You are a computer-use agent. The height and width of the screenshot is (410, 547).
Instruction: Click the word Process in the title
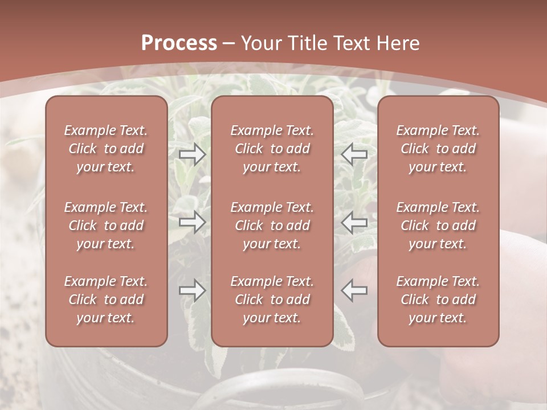click(x=179, y=43)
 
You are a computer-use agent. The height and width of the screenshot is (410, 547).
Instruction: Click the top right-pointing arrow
click(x=193, y=154)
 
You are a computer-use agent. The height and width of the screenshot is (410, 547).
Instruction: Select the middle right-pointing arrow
click(x=193, y=222)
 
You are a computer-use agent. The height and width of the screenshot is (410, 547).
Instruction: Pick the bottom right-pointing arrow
click(x=193, y=290)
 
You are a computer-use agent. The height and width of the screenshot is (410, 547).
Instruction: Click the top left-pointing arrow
click(x=354, y=154)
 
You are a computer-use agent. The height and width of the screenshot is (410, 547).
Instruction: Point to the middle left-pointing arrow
click(x=354, y=222)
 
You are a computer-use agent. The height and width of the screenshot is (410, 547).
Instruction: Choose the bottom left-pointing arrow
click(x=354, y=290)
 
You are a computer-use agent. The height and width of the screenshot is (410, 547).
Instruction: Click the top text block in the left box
click(x=106, y=149)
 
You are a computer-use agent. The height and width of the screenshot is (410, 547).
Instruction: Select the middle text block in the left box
click(x=106, y=225)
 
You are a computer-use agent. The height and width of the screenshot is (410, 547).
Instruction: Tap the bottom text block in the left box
click(x=106, y=300)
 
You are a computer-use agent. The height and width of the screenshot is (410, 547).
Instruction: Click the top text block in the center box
click(x=272, y=149)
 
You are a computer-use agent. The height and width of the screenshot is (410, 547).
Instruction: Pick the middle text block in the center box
click(x=272, y=225)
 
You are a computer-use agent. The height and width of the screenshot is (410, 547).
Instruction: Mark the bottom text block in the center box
click(x=272, y=300)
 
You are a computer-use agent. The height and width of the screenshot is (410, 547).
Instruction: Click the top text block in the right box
click(x=438, y=149)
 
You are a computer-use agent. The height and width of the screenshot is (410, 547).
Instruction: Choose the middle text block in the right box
click(x=438, y=225)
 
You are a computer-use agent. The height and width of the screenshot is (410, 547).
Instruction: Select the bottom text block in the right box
click(x=438, y=300)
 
